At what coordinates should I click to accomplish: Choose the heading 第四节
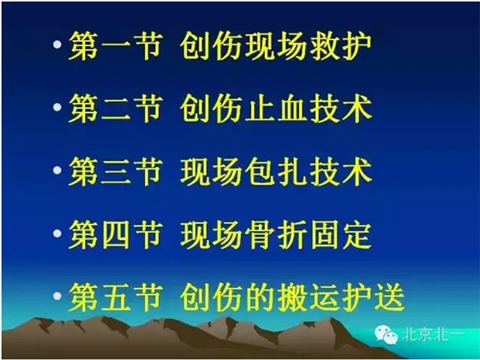[115, 234]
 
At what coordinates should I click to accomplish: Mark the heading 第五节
[115, 297]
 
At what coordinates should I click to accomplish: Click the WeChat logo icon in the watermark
[399, 337]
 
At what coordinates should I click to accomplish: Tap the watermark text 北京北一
[440, 338]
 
